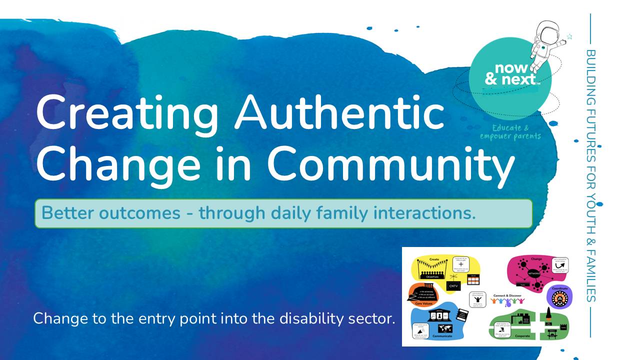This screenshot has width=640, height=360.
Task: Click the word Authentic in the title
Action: (x=340, y=113)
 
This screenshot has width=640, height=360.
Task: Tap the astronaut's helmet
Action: (x=542, y=31)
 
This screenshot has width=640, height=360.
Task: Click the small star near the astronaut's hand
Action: (x=569, y=37)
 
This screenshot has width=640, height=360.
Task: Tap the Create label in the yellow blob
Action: (x=434, y=259)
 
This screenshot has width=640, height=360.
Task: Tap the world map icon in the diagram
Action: (x=444, y=328)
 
